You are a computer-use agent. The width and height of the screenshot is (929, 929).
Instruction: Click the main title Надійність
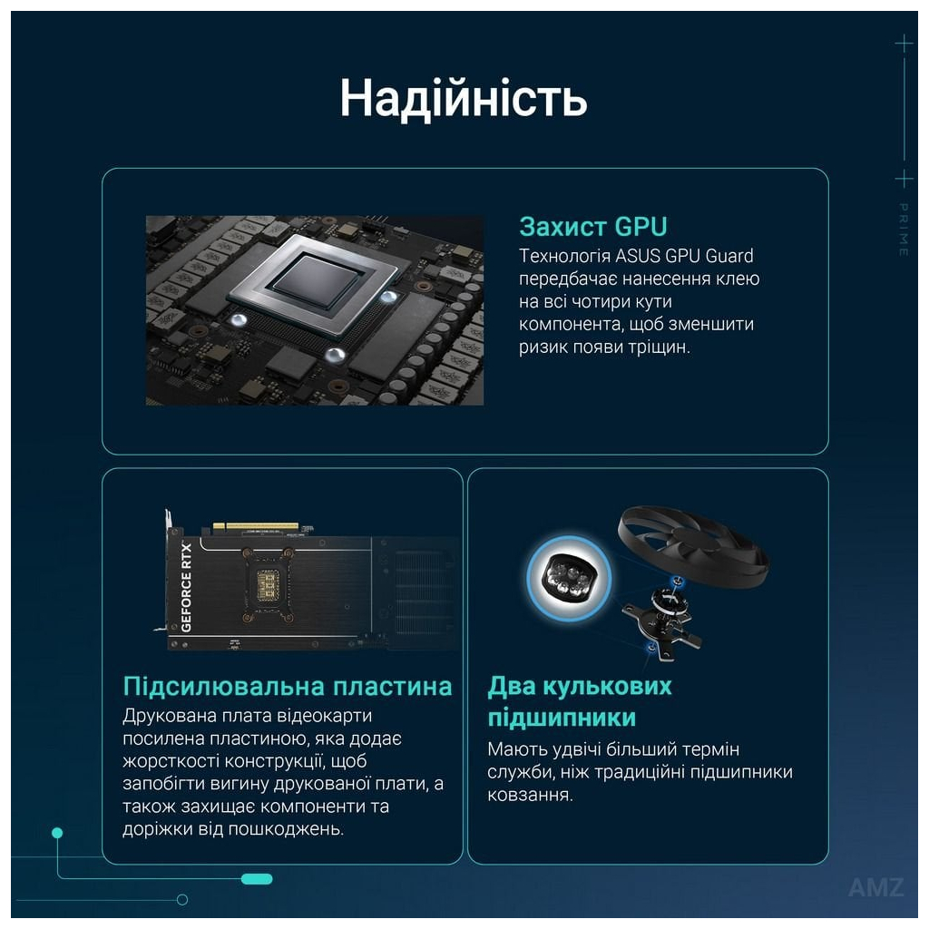pos(464,98)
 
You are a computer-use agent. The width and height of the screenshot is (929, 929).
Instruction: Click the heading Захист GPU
pos(593,226)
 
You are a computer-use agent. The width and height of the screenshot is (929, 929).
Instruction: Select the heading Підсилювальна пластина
pos(287,686)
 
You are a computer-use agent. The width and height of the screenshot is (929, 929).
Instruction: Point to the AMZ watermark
pos(875,887)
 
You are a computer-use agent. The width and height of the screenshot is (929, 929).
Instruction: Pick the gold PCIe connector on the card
pos(255,526)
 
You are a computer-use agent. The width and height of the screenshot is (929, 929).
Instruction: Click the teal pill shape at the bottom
pos(257,878)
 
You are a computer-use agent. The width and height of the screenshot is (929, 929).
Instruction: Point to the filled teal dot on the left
pos(57,832)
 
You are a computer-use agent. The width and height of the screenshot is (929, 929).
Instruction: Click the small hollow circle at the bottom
pos(182,899)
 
